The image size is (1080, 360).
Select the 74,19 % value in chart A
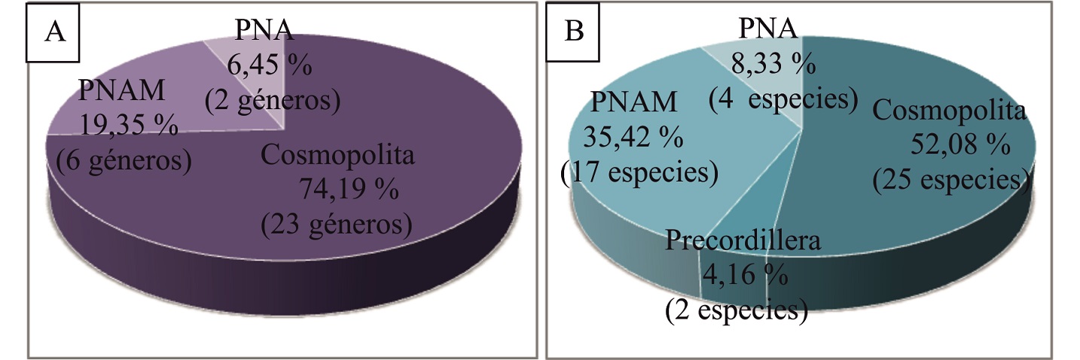[349, 190]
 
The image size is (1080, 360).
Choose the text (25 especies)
[950, 179]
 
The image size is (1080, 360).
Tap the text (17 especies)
[639, 172]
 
